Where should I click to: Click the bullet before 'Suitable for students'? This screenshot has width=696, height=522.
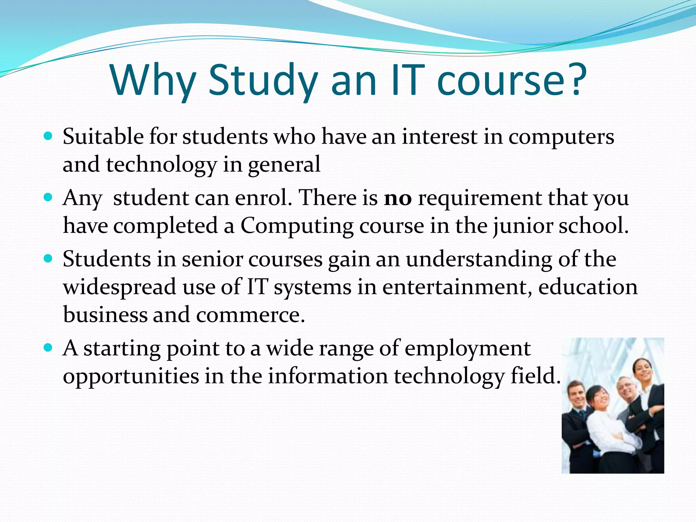(x=48, y=137)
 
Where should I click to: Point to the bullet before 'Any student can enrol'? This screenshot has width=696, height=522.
(x=48, y=197)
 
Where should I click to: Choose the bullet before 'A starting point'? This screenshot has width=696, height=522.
(x=48, y=348)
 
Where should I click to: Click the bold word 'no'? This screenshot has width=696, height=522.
(x=398, y=198)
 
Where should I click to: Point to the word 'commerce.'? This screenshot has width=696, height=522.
(x=250, y=315)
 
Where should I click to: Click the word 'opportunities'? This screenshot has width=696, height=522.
(x=130, y=377)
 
